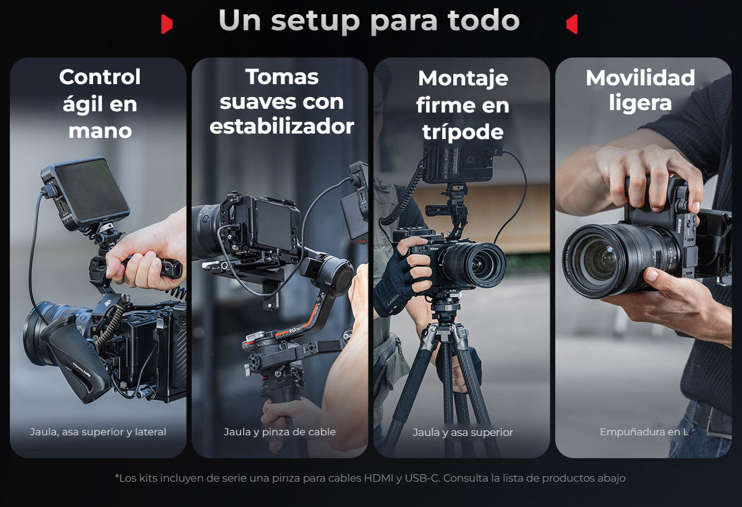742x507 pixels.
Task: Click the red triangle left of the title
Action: coord(166,24)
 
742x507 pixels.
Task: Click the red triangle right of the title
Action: coord(572,24)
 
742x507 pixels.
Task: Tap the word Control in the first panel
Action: coord(100,77)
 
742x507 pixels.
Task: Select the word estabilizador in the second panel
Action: coord(282,126)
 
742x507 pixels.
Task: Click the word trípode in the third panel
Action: coord(463,132)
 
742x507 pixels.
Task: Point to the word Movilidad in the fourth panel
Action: coord(641,77)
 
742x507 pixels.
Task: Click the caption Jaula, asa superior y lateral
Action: coord(98,432)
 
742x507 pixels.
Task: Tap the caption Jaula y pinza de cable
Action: coord(279,432)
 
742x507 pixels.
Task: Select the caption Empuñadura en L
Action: coord(644,432)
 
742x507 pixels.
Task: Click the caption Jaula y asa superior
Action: coord(463,432)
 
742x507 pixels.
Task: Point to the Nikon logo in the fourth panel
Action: coord(679,226)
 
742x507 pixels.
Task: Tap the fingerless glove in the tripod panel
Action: coord(396,278)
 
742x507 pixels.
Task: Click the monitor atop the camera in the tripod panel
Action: coord(459,164)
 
